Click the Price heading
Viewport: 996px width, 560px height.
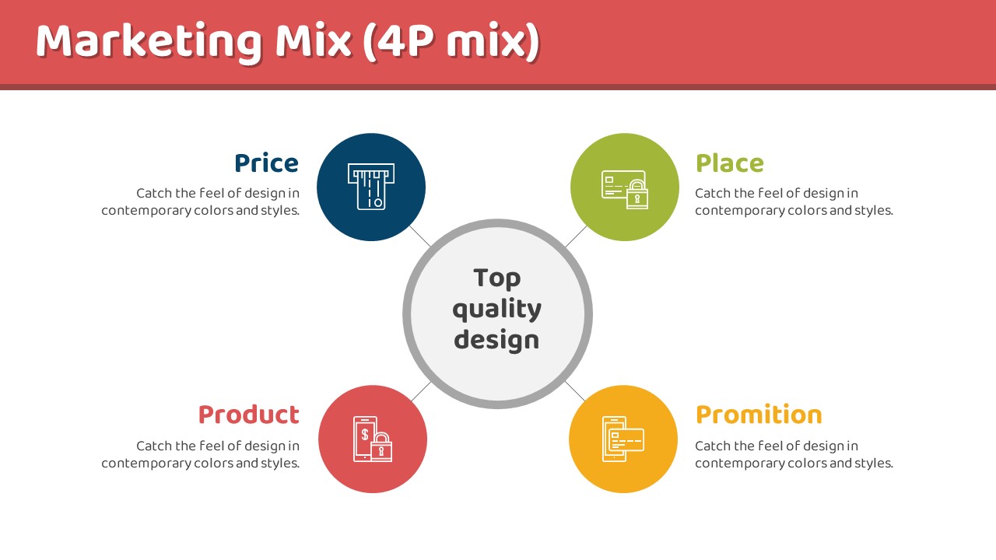coord(266,163)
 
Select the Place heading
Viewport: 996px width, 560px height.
coord(730,163)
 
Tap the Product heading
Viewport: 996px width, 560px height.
coord(248,415)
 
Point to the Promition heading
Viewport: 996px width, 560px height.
coord(759,415)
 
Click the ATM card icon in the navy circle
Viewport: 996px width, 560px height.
coord(371,187)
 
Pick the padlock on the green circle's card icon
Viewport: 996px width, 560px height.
coord(637,194)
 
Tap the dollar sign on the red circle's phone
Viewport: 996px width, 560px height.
coord(365,434)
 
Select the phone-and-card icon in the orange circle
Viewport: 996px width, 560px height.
coord(623,439)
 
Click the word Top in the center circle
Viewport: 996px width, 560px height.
coord(496,278)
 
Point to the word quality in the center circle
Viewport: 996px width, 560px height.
coord(497,310)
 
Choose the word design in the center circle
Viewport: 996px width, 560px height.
coord(496,340)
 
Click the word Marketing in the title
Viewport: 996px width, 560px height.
coord(149,42)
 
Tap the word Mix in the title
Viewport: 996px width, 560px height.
coord(314,41)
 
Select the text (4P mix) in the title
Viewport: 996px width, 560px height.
coord(451,42)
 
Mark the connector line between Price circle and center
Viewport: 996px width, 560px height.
coord(419,236)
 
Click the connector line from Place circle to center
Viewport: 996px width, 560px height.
coord(577,236)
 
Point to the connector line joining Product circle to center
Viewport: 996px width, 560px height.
coord(421,391)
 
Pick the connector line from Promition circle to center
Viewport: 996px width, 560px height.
coord(575,391)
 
